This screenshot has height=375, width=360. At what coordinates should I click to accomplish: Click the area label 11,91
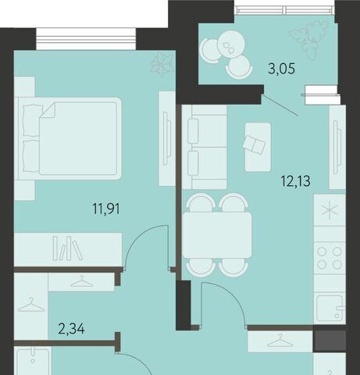coord(106,209)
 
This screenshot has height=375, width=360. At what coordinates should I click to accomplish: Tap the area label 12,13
coord(296,181)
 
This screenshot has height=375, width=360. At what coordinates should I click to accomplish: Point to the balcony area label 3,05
coord(282,69)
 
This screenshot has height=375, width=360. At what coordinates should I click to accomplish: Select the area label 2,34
coord(72,329)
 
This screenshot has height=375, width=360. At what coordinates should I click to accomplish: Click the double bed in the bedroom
coord(68,138)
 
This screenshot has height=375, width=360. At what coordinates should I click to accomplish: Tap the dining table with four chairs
coord(217,235)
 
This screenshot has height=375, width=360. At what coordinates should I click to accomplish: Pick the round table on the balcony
coord(231,44)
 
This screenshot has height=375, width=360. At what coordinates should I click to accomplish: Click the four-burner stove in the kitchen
coord(330,258)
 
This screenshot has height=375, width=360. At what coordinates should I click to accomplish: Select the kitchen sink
coord(330,308)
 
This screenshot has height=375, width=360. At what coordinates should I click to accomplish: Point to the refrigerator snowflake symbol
coord(330,210)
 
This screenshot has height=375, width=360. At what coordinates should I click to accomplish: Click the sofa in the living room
coord(205,147)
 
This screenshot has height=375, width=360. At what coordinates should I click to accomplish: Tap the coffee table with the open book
coord(258,147)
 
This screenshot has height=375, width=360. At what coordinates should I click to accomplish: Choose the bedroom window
coord(86,39)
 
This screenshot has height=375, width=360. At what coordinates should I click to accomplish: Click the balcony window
coord(285,10)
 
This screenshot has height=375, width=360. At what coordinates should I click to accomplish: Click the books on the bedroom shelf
coord(68,248)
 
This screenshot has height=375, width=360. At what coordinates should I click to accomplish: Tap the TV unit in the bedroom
coord(167,138)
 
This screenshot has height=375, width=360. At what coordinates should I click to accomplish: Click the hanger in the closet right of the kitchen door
coord(280,341)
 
